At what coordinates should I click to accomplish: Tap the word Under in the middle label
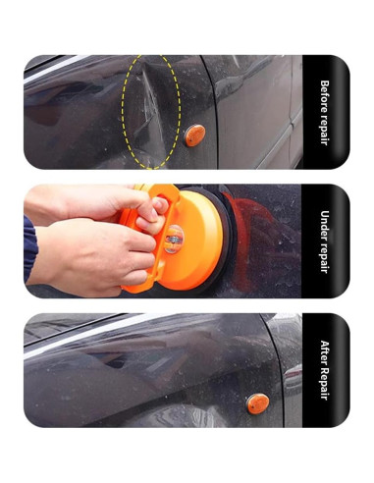pos(324,224)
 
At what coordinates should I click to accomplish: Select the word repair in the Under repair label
pos(324,256)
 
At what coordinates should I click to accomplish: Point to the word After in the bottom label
pos(324,352)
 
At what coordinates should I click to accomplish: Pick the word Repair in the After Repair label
pos(324,383)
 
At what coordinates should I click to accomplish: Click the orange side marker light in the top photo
pos(195,135)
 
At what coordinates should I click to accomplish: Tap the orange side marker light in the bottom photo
pos(257,403)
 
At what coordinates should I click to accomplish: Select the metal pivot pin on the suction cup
pos(173,240)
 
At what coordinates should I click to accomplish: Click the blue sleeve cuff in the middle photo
pos(29,248)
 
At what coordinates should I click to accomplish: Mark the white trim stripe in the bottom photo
pos(81,336)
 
